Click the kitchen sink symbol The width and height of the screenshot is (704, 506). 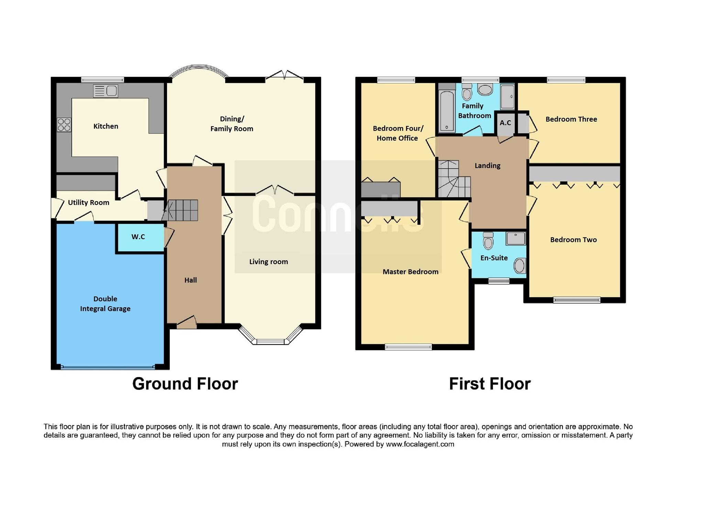(106, 91)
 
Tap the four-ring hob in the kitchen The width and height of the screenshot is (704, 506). (64, 125)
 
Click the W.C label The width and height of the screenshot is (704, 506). (138, 237)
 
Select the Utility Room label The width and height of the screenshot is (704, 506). (88, 202)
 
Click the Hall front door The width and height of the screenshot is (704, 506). (187, 323)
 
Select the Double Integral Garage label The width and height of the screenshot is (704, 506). (105, 304)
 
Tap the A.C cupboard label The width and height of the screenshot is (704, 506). (505, 123)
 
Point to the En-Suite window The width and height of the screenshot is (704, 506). (499, 281)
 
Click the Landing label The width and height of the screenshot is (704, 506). (487, 166)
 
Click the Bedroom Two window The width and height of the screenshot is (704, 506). (576, 300)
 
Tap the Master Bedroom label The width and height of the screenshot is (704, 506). (410, 272)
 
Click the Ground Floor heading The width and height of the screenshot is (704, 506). (185, 384)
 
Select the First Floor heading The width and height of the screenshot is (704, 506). (489, 384)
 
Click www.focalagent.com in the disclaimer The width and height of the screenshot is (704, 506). (420, 444)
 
